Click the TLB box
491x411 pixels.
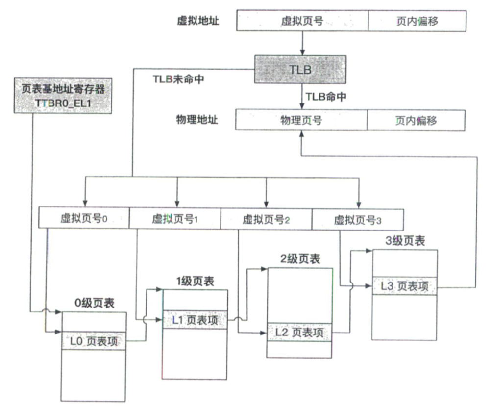[x=300, y=69]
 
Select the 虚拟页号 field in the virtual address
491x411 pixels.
[x=302, y=21]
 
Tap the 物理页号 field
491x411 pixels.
[x=301, y=120]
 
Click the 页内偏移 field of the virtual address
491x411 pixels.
[x=417, y=21]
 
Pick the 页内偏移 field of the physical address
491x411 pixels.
[x=416, y=120]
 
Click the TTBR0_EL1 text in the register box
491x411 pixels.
[x=63, y=103]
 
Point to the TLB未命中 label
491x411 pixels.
[x=178, y=79]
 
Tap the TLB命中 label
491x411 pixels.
[x=326, y=96]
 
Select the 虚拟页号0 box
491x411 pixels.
[x=84, y=218]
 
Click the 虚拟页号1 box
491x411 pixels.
[x=175, y=219]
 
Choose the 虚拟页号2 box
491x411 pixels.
[x=266, y=219]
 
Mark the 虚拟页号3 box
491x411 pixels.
[x=358, y=220]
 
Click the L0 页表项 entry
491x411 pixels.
[x=94, y=341]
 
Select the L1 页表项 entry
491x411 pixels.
[x=195, y=320]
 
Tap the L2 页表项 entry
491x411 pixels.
[x=299, y=332]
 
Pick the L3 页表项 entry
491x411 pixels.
[x=404, y=286]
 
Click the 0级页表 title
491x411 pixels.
[x=94, y=303]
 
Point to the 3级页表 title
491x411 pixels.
[x=405, y=241]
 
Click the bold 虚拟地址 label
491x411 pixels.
[x=198, y=21]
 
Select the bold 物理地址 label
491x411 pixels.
[x=197, y=120]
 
